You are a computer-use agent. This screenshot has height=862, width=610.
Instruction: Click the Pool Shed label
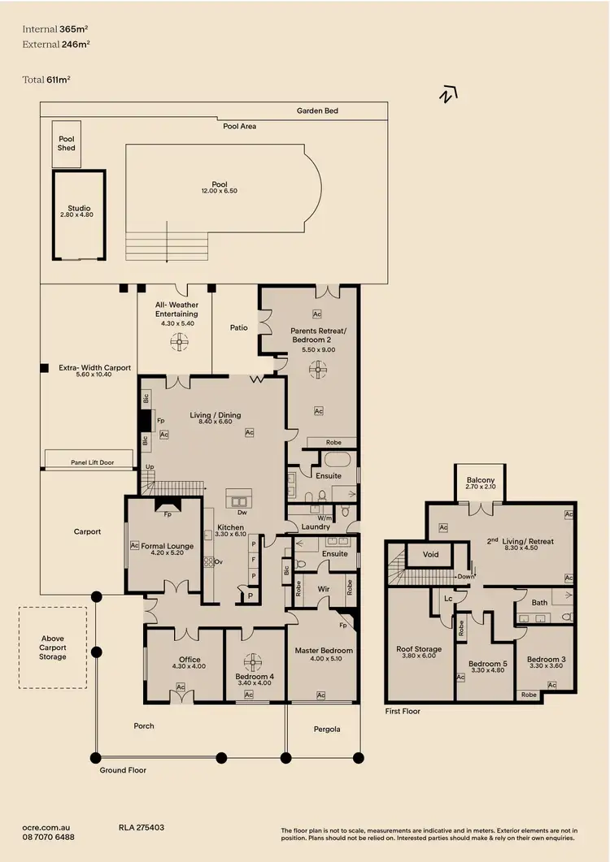pyautogui.click(x=67, y=144)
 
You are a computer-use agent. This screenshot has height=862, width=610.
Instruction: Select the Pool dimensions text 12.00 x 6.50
pyautogui.click(x=218, y=190)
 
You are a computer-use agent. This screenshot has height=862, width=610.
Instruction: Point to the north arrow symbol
pyautogui.click(x=445, y=95)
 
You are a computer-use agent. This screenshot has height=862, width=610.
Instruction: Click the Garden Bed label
pyautogui.click(x=317, y=110)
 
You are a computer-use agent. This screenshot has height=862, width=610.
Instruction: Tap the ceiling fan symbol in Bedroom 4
pyautogui.click(x=254, y=661)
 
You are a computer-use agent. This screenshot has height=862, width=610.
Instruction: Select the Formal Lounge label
pyautogui.click(x=168, y=546)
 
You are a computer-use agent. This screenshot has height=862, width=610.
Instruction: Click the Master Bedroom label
pyautogui.click(x=324, y=651)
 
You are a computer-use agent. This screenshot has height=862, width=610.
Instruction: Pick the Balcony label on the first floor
pyautogui.click(x=481, y=480)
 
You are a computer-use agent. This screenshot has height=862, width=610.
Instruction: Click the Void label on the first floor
pyautogui.click(x=432, y=555)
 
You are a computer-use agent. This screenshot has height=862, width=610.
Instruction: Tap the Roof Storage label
pyautogui.click(x=419, y=649)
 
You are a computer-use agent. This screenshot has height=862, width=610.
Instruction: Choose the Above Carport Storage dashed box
pyautogui.click(x=52, y=648)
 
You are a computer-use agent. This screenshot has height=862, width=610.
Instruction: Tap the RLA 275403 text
pyautogui.click(x=142, y=827)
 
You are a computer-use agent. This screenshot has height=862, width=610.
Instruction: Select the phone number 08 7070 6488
pyautogui.click(x=49, y=837)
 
